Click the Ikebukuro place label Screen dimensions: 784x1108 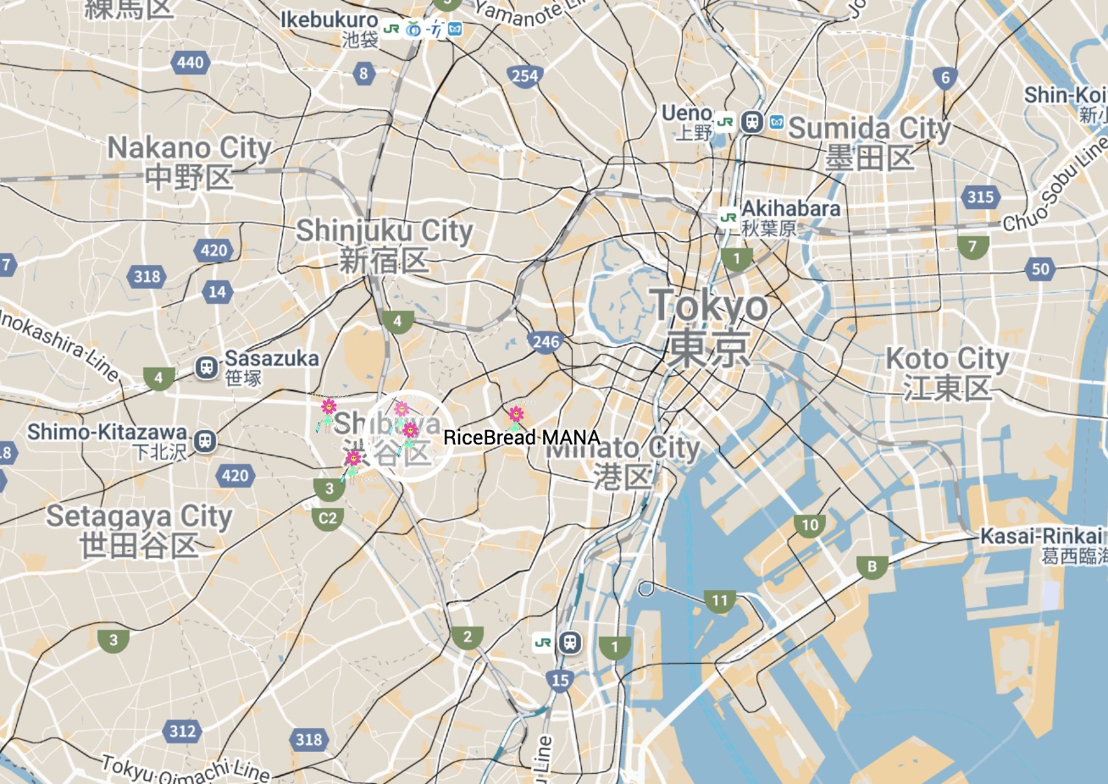click(330, 20)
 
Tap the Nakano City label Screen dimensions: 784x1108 click(188, 149)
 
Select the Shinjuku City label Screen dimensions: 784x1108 click(384, 231)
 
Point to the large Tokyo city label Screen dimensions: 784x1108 click(709, 306)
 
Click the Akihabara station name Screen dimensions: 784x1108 click(790, 209)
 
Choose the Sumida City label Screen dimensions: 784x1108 click(869, 130)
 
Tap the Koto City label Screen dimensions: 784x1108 click(947, 360)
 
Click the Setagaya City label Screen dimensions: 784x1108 click(139, 516)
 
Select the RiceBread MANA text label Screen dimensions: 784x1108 click(522, 438)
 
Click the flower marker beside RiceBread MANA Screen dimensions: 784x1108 click(515, 416)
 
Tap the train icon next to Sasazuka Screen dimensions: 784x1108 click(206, 367)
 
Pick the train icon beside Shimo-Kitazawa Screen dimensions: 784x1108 click(204, 441)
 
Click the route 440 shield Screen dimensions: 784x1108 click(190, 62)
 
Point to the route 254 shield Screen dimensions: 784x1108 click(524, 76)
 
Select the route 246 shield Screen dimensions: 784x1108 click(546, 342)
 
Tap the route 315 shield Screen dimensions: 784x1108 click(980, 197)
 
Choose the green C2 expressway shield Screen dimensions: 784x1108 click(328, 518)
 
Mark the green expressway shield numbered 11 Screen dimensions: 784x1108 click(719, 601)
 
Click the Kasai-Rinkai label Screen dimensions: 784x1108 click(1042, 536)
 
